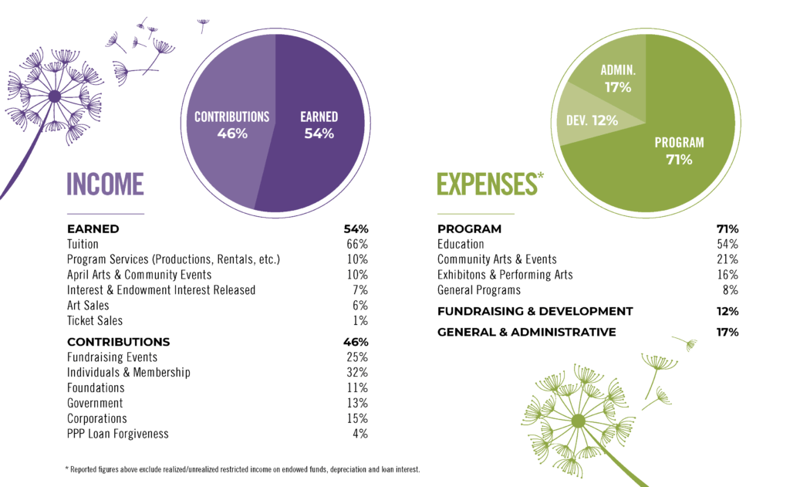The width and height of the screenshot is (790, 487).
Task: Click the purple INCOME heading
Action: pos(105,184)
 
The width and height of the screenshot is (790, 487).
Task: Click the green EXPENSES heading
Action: pos(486,184)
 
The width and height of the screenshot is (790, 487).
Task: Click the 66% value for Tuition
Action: pos(356,244)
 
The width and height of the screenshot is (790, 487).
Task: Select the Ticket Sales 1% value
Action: pos(360,321)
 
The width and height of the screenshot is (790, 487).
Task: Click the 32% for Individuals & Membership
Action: pos(356,373)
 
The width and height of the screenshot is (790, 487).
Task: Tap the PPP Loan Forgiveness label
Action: pos(117,434)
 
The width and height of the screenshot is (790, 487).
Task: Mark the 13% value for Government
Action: pos(356,403)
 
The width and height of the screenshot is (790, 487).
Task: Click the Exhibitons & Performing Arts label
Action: pos(505,275)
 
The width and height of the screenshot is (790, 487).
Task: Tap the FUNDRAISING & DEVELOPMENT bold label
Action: pos(535,311)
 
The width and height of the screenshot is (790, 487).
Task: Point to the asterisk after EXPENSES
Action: pos(540,177)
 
